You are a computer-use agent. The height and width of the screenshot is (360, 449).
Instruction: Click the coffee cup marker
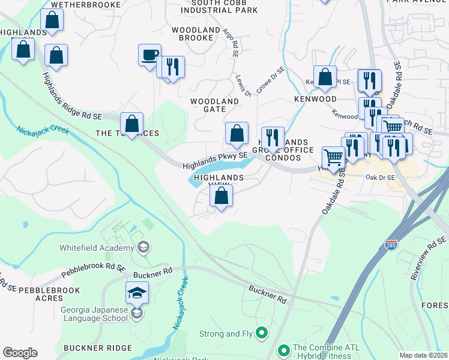(x=149, y=55)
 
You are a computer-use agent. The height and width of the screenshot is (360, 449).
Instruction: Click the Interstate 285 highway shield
(x=390, y=245)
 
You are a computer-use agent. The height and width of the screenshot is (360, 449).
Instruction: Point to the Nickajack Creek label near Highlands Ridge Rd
(x=41, y=134)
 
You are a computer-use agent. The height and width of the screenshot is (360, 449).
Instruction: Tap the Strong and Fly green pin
(x=261, y=331)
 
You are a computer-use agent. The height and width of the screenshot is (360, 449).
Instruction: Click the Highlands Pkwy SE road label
(x=215, y=159)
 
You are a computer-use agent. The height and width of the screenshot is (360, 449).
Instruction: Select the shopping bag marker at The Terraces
(x=131, y=124)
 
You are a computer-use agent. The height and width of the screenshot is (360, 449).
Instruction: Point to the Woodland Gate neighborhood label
(x=215, y=106)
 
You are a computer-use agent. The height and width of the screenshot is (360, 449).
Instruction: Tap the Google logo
(x=20, y=353)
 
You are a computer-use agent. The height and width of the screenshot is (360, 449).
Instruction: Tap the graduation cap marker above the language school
(x=136, y=293)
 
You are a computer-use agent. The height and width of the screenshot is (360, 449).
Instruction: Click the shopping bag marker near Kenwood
(x=325, y=77)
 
